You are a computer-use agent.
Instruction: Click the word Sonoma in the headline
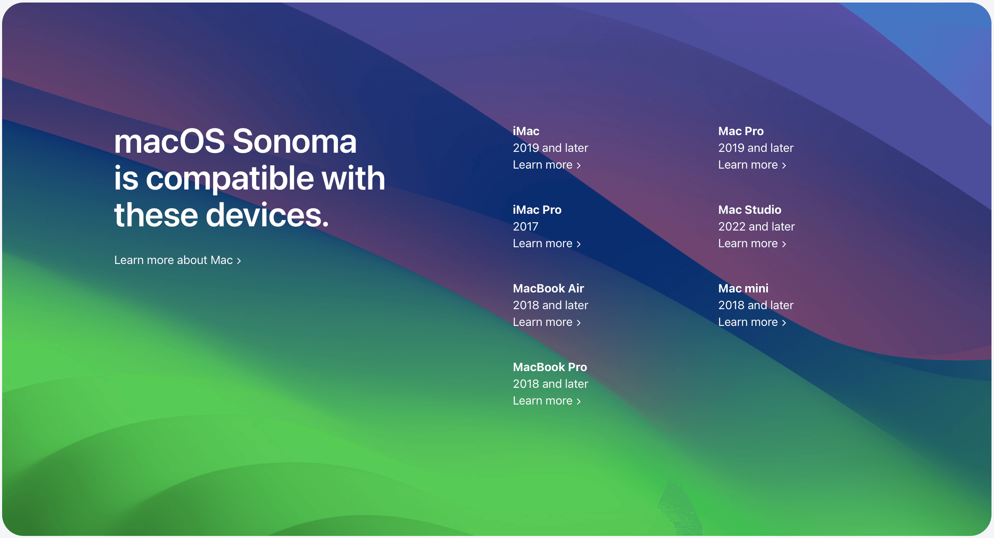294,141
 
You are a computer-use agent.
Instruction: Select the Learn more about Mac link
178,260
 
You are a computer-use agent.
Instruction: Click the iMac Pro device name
537,210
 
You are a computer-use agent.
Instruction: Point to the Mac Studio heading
749,210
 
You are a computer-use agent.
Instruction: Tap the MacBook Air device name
549,288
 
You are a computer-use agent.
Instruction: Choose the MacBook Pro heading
550,367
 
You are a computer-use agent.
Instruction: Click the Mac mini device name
743,288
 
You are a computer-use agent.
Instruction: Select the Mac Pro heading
741,131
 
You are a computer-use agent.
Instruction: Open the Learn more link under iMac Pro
547,243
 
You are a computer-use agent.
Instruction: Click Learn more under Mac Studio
752,243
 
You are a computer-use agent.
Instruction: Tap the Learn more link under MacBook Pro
547,401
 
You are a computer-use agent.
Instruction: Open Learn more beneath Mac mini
752,322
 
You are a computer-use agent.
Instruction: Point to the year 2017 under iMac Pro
525,227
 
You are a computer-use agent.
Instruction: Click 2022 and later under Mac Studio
756,227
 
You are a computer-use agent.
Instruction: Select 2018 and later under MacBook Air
551,305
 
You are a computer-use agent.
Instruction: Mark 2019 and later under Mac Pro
756,148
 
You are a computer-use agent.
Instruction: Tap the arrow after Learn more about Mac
239,261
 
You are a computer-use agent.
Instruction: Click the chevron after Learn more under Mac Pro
784,166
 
